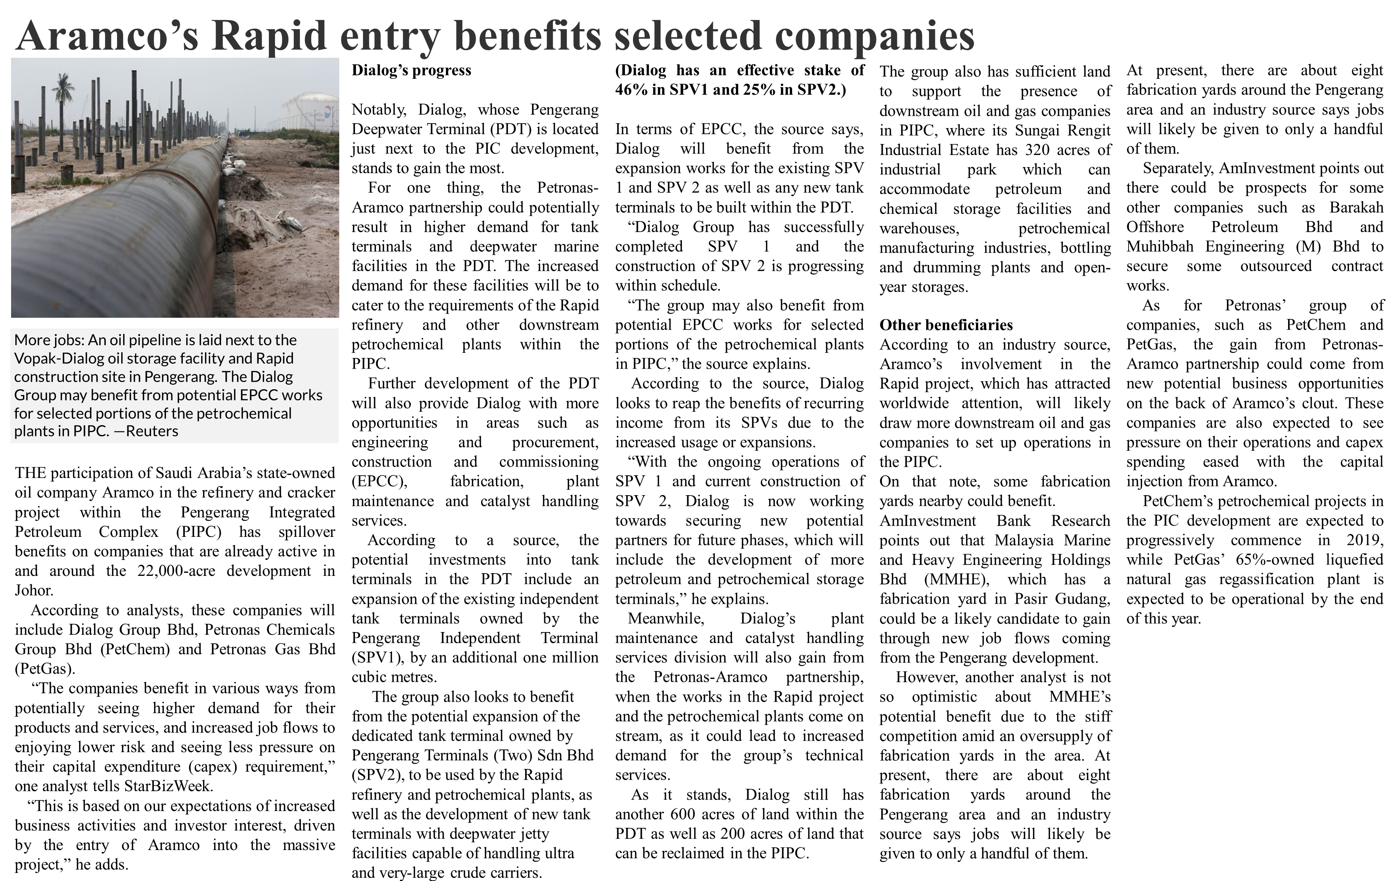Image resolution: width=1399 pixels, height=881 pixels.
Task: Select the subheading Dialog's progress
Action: tap(412, 70)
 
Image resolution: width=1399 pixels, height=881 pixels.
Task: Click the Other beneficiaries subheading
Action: tap(946, 325)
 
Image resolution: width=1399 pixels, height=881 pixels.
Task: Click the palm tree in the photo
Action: tap(64, 93)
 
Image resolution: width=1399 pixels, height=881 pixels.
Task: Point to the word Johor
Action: tap(34, 591)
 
